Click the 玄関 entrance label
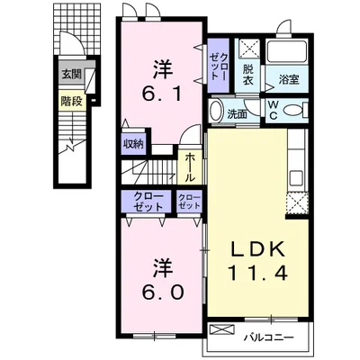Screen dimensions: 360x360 pos(71,74)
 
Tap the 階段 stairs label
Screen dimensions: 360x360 pos(71,101)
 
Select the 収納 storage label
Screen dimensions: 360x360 pos(133,144)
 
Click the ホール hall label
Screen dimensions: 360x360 pos(189,167)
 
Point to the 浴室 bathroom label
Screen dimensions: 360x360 pos(289,80)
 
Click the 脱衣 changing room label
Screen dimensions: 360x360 pos(247,75)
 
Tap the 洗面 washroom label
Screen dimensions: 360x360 pos(237,114)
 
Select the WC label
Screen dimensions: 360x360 pos(273,110)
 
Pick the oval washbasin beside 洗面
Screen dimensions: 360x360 pos(215,111)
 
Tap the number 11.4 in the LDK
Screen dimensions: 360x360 pos(258,273)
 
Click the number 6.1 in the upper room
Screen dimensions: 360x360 pos(162,94)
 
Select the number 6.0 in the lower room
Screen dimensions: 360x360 pos(163,292)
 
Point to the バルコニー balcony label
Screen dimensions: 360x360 pos(268,337)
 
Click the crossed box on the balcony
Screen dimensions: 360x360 pos(221,331)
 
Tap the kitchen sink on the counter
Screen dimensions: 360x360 pos(296,178)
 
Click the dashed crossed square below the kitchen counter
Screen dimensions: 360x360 pos(297,203)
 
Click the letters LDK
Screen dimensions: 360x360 pos(257,249)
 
